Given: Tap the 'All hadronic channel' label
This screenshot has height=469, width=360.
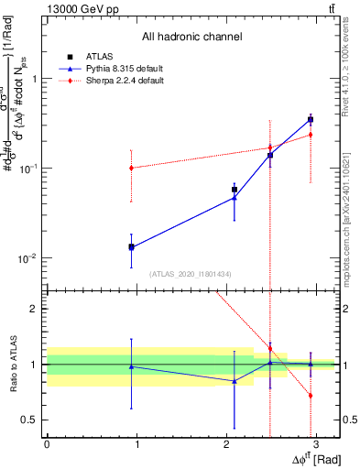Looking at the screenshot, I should click(x=191, y=37).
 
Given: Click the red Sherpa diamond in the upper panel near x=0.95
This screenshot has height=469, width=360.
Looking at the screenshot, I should click(x=132, y=168).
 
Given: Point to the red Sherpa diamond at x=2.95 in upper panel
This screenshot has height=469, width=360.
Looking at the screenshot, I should click(x=311, y=135).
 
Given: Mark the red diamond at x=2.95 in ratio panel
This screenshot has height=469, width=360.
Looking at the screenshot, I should click(x=311, y=396).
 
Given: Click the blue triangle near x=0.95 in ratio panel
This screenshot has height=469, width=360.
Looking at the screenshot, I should click(x=132, y=366).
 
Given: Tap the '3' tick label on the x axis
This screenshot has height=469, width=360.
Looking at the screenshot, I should click(x=316, y=444).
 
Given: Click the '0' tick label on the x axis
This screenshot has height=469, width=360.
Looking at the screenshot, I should click(x=47, y=444).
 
